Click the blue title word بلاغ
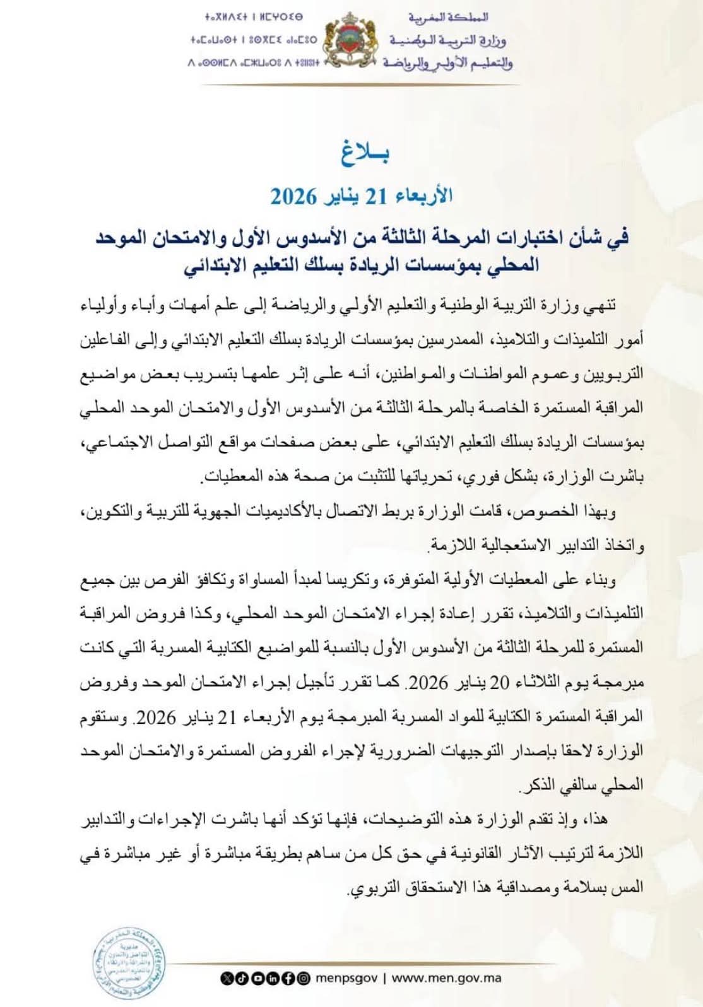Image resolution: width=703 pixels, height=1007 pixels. point(365,153)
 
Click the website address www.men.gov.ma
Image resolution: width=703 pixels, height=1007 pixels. point(446,978)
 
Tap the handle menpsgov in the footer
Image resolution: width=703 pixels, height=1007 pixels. point(346,978)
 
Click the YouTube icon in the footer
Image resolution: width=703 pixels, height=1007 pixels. point(258,978)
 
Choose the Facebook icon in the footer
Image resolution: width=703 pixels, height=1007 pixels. point(287,978)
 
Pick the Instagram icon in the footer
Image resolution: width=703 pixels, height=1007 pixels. point(303,978)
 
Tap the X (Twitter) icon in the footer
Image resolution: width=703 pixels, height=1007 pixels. point(228,978)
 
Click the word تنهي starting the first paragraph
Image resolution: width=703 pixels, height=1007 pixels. point(598,305)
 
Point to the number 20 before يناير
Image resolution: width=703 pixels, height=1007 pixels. point(499,682)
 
